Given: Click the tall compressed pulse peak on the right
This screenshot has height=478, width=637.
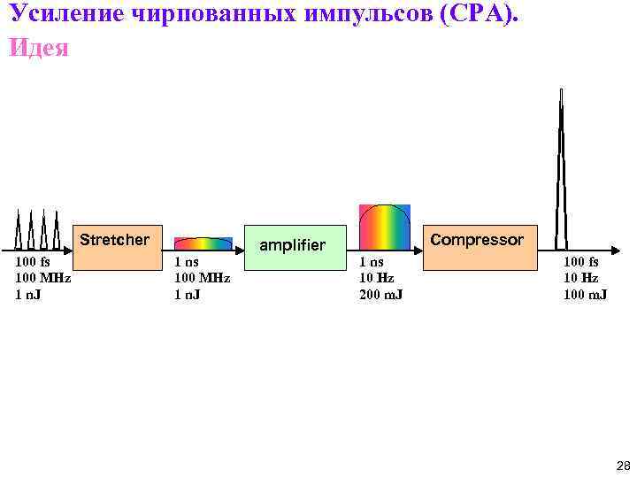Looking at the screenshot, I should [561, 168].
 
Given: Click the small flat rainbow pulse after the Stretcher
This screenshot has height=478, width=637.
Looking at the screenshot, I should [203, 243].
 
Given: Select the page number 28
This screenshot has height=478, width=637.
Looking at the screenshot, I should [622, 466].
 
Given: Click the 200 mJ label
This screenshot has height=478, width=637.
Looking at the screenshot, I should [380, 294].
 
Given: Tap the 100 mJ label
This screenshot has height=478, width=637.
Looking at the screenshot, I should [585, 294].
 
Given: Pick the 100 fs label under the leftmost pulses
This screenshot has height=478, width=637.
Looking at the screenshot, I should [33, 262].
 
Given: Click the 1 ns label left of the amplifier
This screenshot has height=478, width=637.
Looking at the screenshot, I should [187, 262].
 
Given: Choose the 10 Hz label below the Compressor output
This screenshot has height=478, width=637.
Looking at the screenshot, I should [580, 278].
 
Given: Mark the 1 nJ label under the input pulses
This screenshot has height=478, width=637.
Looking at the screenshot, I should [29, 294].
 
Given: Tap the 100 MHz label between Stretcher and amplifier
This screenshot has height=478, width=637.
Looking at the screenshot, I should [202, 278].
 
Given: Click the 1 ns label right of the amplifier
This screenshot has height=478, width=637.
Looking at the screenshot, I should [372, 262].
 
